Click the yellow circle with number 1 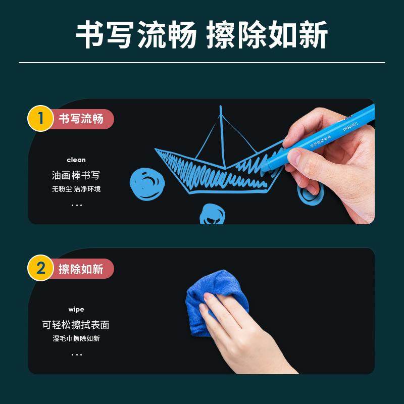40,119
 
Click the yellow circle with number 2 40,268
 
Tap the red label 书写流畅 82,119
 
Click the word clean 76,160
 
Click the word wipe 76,309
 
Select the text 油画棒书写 76,175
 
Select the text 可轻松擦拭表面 76,325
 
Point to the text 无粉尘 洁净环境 76,189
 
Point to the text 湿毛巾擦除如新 76,338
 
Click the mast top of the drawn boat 221,107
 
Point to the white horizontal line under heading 202,63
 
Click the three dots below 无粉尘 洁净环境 76,205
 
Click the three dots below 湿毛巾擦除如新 76,355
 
